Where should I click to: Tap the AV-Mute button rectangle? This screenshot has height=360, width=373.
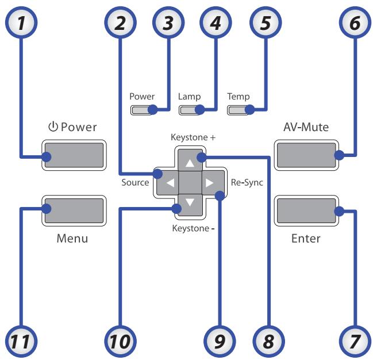coord(305,154)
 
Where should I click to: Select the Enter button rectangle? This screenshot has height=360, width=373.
coord(305,210)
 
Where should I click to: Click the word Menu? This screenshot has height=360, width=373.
coord(72,238)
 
